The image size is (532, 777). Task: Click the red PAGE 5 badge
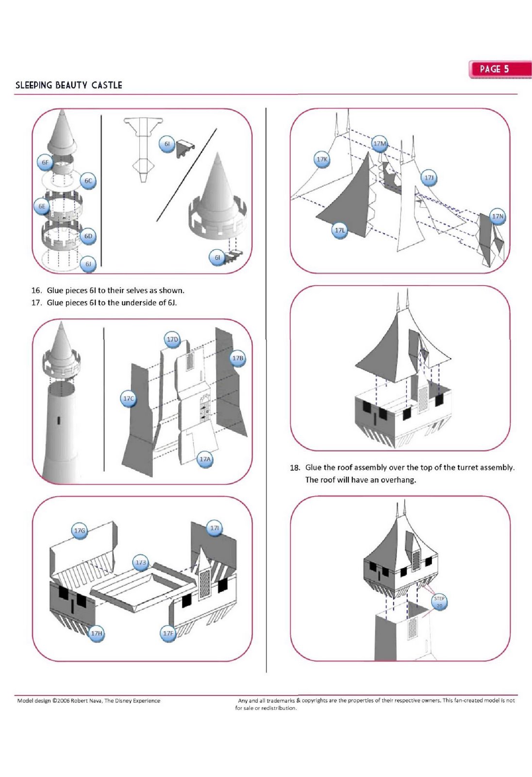pos(499,69)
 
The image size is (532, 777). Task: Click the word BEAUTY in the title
pos(71,85)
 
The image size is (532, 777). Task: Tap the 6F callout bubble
pos(45,162)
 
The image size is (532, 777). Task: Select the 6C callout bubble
pos(88,181)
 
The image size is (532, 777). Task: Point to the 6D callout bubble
pos(88,236)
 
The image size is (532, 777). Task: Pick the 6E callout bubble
pos(42,206)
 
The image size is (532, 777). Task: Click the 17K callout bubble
pos(322,159)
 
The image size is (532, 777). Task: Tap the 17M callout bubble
pos(380,143)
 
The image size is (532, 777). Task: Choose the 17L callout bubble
pos(340,230)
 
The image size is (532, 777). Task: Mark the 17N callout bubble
pos(498,217)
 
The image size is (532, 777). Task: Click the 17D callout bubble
pos(172,339)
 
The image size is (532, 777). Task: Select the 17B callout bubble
pos(237,358)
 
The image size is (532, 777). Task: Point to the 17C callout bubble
pos(128,399)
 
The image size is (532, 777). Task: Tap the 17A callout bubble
pos(205,459)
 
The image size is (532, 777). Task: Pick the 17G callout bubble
pos(80,531)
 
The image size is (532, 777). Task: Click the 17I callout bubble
pos(215,528)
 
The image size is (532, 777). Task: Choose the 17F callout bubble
pos(168,633)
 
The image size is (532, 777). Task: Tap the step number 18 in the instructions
pos(295,468)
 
